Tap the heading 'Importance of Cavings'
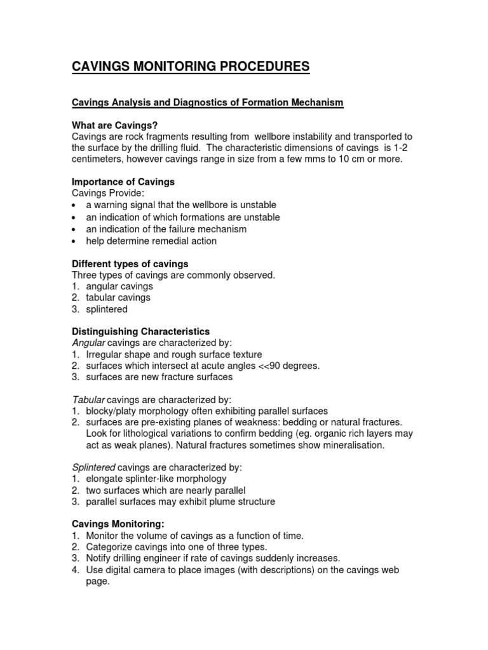(x=123, y=182)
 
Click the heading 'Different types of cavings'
(x=130, y=263)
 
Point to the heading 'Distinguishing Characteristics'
(x=140, y=331)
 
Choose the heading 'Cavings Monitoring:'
(x=118, y=524)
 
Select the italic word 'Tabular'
(x=88, y=399)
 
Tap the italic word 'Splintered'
(x=93, y=467)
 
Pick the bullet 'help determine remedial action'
(x=151, y=241)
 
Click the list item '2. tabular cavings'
(x=111, y=298)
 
